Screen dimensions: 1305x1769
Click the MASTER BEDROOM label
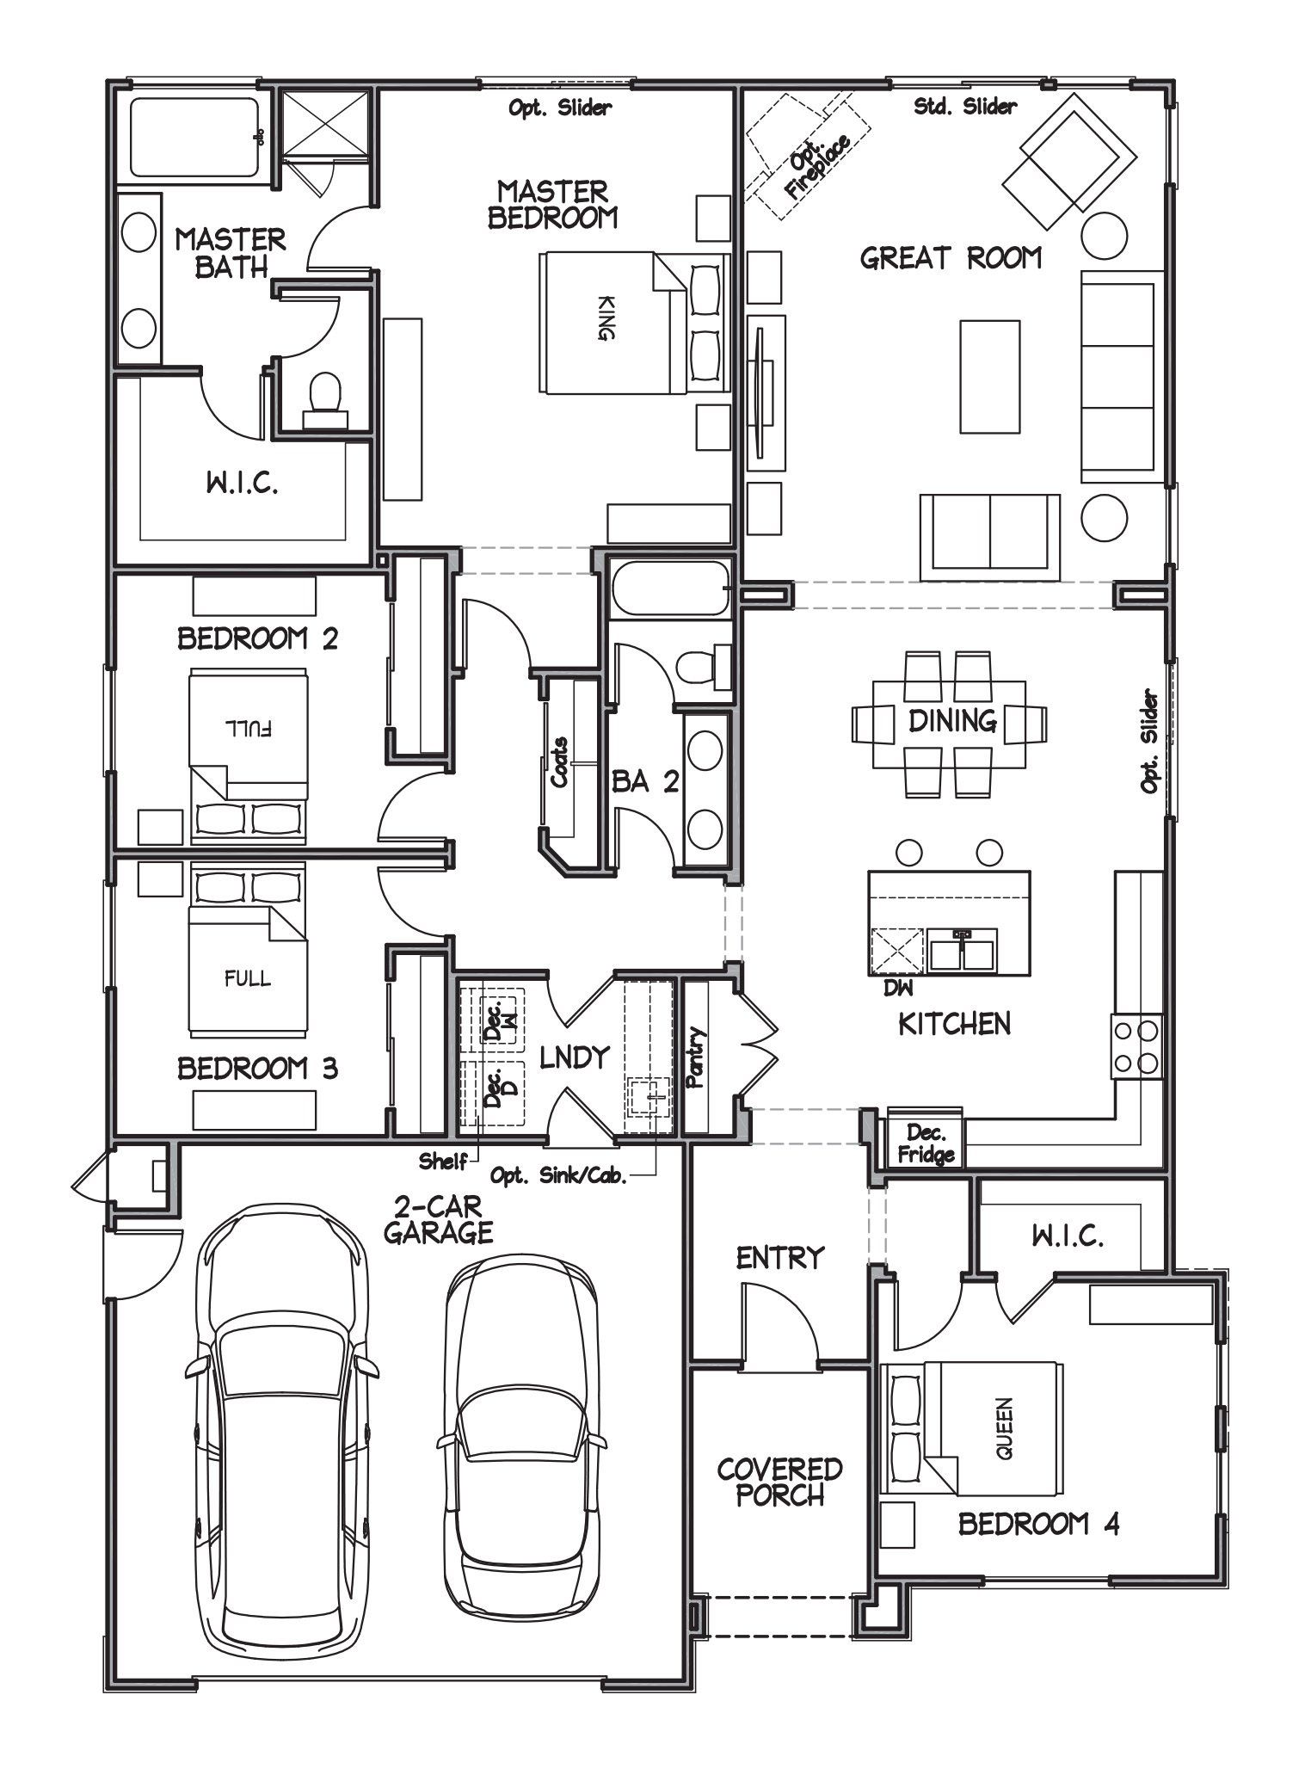[x=552, y=204]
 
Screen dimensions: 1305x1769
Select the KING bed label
[x=605, y=318]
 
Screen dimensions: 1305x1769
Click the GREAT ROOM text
[x=951, y=257]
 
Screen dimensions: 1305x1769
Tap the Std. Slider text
[x=964, y=106]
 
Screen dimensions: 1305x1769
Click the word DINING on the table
[x=951, y=720]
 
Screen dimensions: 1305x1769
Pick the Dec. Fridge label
[x=926, y=1143]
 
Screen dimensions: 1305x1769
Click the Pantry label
[x=695, y=1057]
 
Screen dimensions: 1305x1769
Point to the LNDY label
[x=574, y=1057]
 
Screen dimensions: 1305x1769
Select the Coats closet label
[x=559, y=762]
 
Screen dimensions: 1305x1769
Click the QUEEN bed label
[x=1005, y=1427]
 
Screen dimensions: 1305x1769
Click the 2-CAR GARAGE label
[x=438, y=1218]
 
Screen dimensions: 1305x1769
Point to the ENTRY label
[x=780, y=1257]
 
